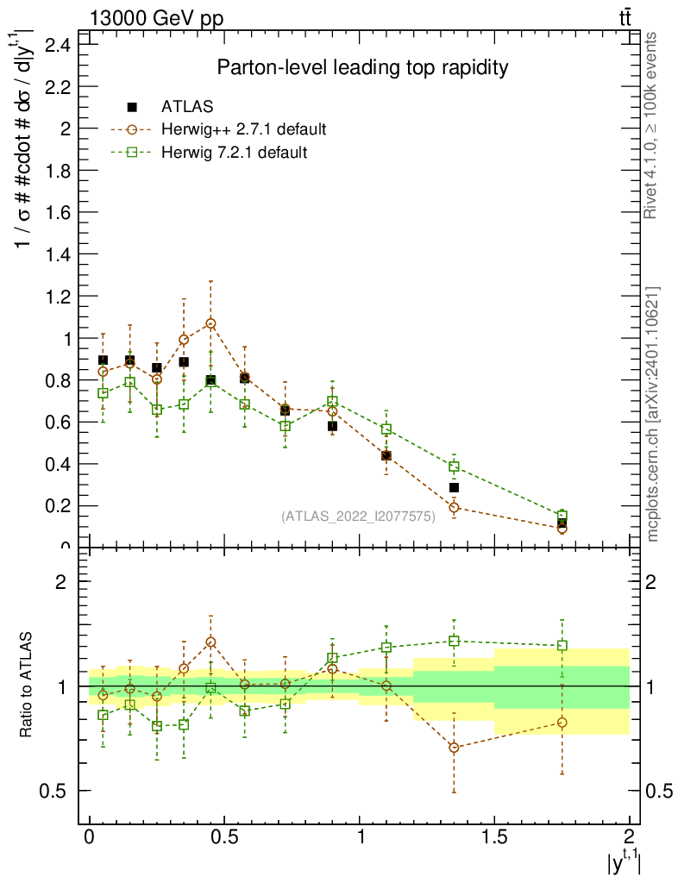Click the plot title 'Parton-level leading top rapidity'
click(362, 68)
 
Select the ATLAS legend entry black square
click(133, 107)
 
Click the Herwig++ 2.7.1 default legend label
click(243, 129)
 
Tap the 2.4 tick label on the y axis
click(57, 45)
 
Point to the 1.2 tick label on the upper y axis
click(57, 296)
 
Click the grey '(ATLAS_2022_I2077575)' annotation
click(358, 517)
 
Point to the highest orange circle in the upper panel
click(210, 323)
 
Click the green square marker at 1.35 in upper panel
click(454, 467)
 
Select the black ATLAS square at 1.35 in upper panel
click(454, 488)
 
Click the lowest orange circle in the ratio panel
click(454, 747)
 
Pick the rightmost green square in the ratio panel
click(562, 645)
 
